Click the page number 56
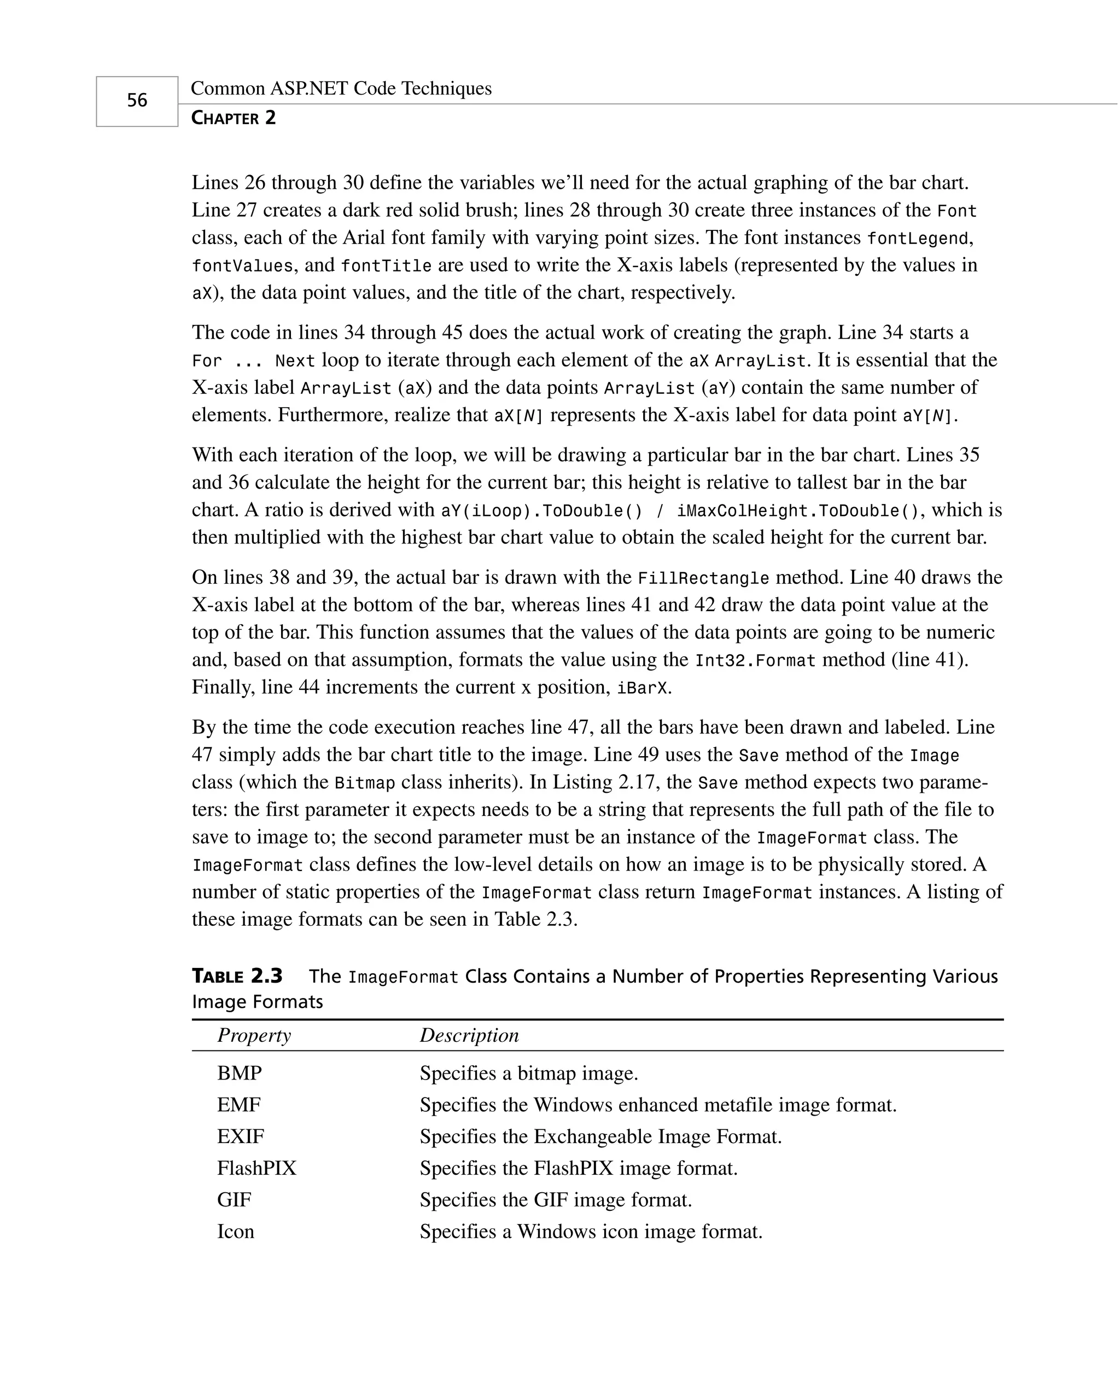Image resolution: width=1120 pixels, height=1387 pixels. click(x=137, y=101)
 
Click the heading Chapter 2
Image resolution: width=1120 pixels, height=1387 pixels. click(x=234, y=118)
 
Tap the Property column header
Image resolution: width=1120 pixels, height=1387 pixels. click(x=254, y=1035)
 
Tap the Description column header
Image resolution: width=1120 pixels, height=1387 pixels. click(x=469, y=1035)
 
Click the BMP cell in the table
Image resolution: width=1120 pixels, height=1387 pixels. click(x=240, y=1073)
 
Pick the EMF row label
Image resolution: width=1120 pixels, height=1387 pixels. click(x=238, y=1105)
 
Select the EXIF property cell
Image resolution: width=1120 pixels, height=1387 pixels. click(x=241, y=1136)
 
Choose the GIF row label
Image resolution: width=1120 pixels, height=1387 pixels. click(x=234, y=1200)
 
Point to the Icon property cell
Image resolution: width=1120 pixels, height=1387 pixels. click(x=236, y=1232)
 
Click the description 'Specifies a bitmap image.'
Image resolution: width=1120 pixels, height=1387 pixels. click(x=528, y=1073)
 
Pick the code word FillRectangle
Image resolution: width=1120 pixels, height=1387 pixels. click(x=703, y=578)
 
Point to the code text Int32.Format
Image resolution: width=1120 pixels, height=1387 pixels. click(x=755, y=661)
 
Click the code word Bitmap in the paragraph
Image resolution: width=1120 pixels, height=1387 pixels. click(x=365, y=784)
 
